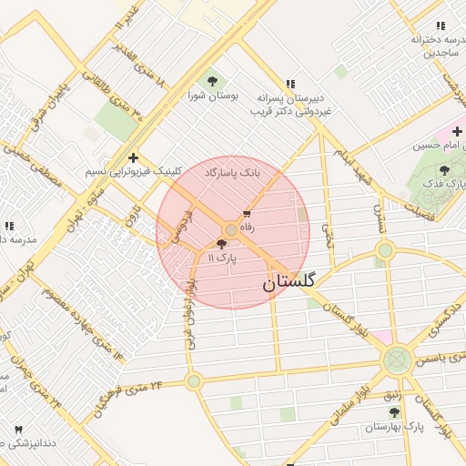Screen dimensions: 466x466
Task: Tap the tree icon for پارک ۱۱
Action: point(221,244)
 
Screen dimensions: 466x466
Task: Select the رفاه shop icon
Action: point(247,213)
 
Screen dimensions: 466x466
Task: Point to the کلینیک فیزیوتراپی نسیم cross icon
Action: point(133,157)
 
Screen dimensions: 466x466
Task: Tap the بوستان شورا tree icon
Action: point(213,80)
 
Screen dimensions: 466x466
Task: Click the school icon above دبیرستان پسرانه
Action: point(289,84)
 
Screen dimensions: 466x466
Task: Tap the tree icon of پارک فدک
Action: point(444,170)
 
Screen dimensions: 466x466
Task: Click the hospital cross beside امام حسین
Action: point(456,132)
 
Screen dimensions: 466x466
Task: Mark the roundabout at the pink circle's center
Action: point(232,230)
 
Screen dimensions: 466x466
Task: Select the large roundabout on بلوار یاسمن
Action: point(397,360)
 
